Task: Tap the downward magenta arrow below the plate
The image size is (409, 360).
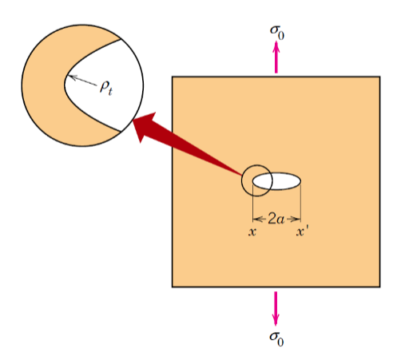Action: pos(276,308)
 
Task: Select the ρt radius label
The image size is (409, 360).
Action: pos(105,87)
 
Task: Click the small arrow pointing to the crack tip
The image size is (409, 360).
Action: pos(81,81)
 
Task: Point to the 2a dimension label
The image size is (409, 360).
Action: pos(276,218)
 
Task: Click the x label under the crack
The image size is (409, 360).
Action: pos(252,232)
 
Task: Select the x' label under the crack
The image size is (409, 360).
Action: pos(303,232)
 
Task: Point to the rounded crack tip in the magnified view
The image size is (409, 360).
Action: pos(66,80)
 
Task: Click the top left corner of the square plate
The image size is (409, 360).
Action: pos(173,77)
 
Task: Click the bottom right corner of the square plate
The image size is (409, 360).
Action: pos(379,286)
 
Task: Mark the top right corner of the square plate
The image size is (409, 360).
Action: pos(379,77)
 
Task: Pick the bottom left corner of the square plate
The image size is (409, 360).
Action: pos(173,286)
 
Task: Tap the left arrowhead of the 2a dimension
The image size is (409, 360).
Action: pos(256,218)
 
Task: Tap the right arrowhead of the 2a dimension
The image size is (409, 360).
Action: pos(297,218)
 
